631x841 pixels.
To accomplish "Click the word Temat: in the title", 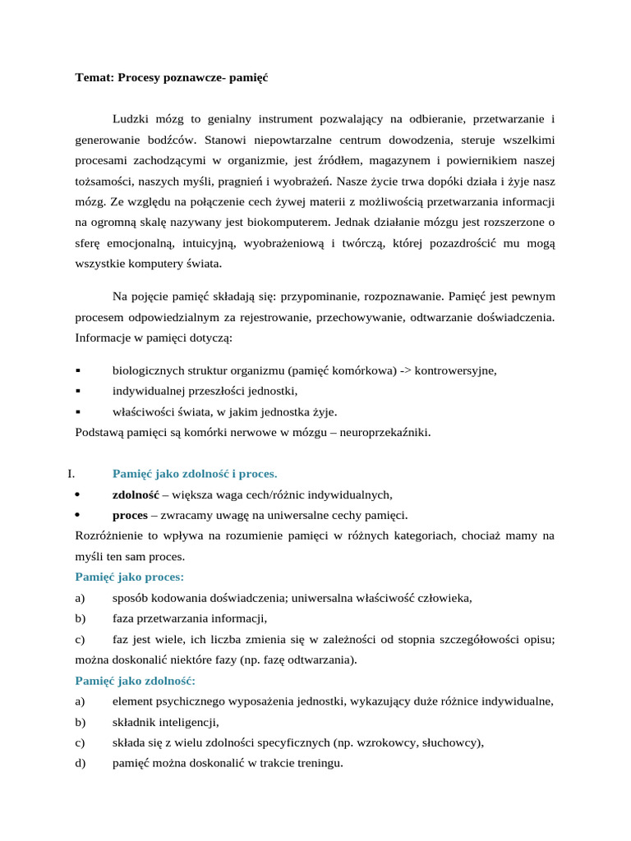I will pyautogui.click(x=94, y=78).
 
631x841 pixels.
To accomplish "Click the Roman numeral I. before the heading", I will pyautogui.click(x=71, y=474).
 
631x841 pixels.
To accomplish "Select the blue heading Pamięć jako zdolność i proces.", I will pyautogui.click(x=195, y=474).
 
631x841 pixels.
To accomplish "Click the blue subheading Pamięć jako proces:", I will pyautogui.click(x=130, y=577).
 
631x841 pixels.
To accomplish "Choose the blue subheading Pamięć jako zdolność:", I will pyautogui.click(x=136, y=681).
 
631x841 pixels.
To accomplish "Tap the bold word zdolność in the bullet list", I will pyautogui.click(x=136, y=494).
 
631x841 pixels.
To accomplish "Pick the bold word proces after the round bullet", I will pyautogui.click(x=129, y=515).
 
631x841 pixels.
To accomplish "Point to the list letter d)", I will pyautogui.click(x=80, y=763).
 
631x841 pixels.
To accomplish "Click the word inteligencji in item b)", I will pyautogui.click(x=188, y=723).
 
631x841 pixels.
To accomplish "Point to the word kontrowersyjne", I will pyautogui.click(x=456, y=370).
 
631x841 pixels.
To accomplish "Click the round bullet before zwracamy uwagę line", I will pyautogui.click(x=77, y=515).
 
